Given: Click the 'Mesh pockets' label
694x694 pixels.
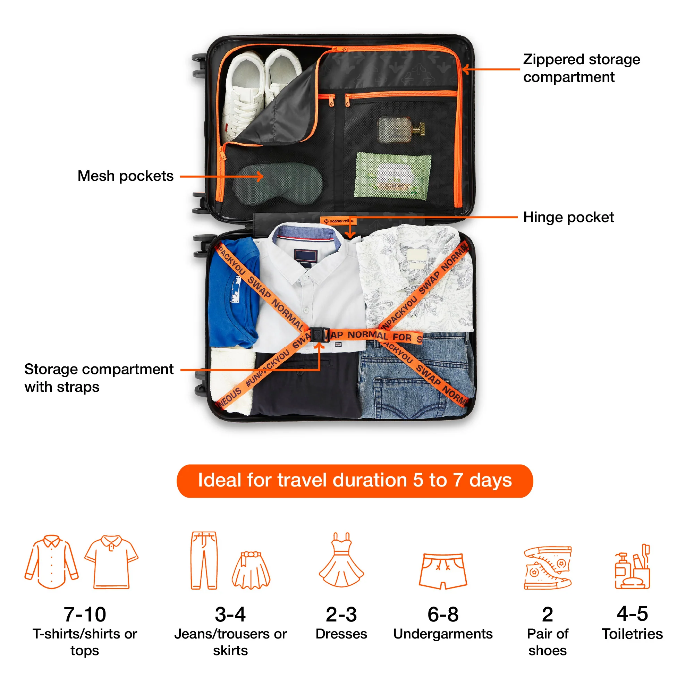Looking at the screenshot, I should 125,176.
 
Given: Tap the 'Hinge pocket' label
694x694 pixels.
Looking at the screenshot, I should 568,217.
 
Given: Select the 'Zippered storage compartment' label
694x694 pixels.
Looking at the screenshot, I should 581,68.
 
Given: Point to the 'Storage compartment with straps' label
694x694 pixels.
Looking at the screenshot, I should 99,378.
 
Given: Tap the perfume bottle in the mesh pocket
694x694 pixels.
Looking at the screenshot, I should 400,130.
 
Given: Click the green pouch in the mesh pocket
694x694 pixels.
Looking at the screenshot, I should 392,176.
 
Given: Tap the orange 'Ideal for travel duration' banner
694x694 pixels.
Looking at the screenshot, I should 355,481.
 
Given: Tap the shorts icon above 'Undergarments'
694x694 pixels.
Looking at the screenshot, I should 442,571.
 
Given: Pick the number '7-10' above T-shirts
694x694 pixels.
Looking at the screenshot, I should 85,614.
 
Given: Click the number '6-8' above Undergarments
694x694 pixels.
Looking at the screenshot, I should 442,614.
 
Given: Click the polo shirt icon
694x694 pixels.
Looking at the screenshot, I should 111,562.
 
